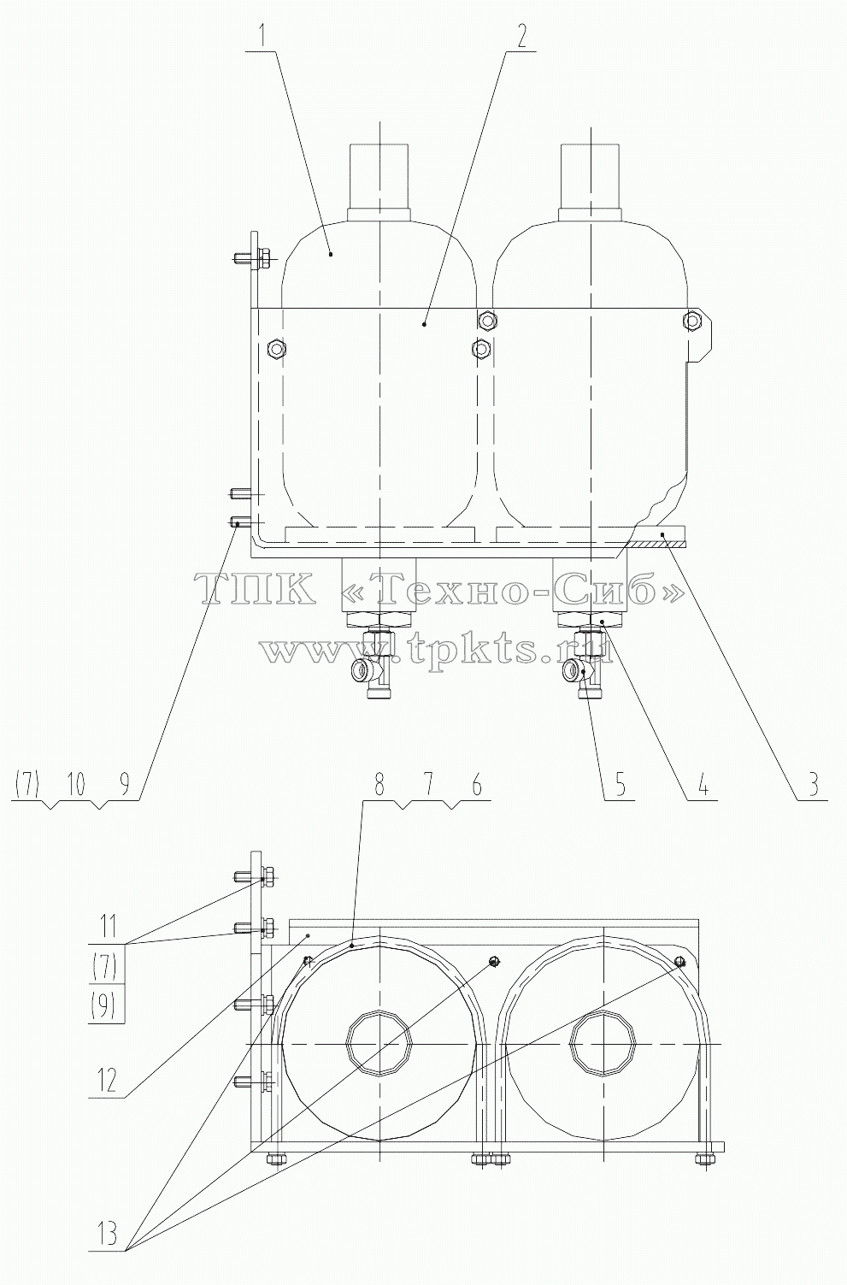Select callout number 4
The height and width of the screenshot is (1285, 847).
coord(703,784)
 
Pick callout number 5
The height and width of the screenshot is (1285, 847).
coord(621,784)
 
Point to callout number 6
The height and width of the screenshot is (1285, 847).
coord(477,784)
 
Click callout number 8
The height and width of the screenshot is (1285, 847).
coord(379,784)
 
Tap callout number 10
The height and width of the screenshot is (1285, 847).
coord(75,784)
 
